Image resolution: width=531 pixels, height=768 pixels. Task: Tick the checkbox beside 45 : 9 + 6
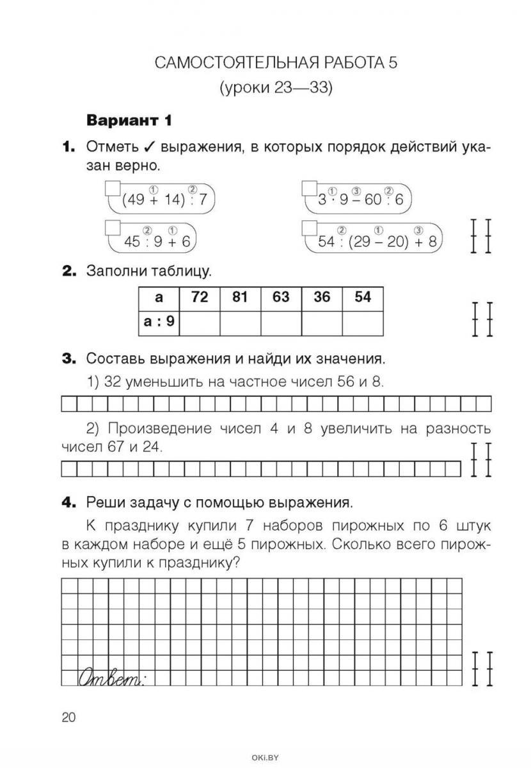[112, 228]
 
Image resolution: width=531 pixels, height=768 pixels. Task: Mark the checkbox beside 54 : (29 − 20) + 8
[309, 228]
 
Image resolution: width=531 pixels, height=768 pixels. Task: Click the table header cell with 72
[199, 298]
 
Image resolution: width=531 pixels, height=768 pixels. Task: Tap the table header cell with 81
[240, 298]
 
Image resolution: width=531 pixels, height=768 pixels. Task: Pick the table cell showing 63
[281, 298]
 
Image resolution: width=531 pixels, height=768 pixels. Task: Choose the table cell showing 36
[322, 298]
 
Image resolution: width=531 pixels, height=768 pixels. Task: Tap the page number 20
[68, 717]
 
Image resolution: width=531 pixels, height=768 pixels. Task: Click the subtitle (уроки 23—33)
[276, 88]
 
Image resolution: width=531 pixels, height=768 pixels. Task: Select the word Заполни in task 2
[120, 271]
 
